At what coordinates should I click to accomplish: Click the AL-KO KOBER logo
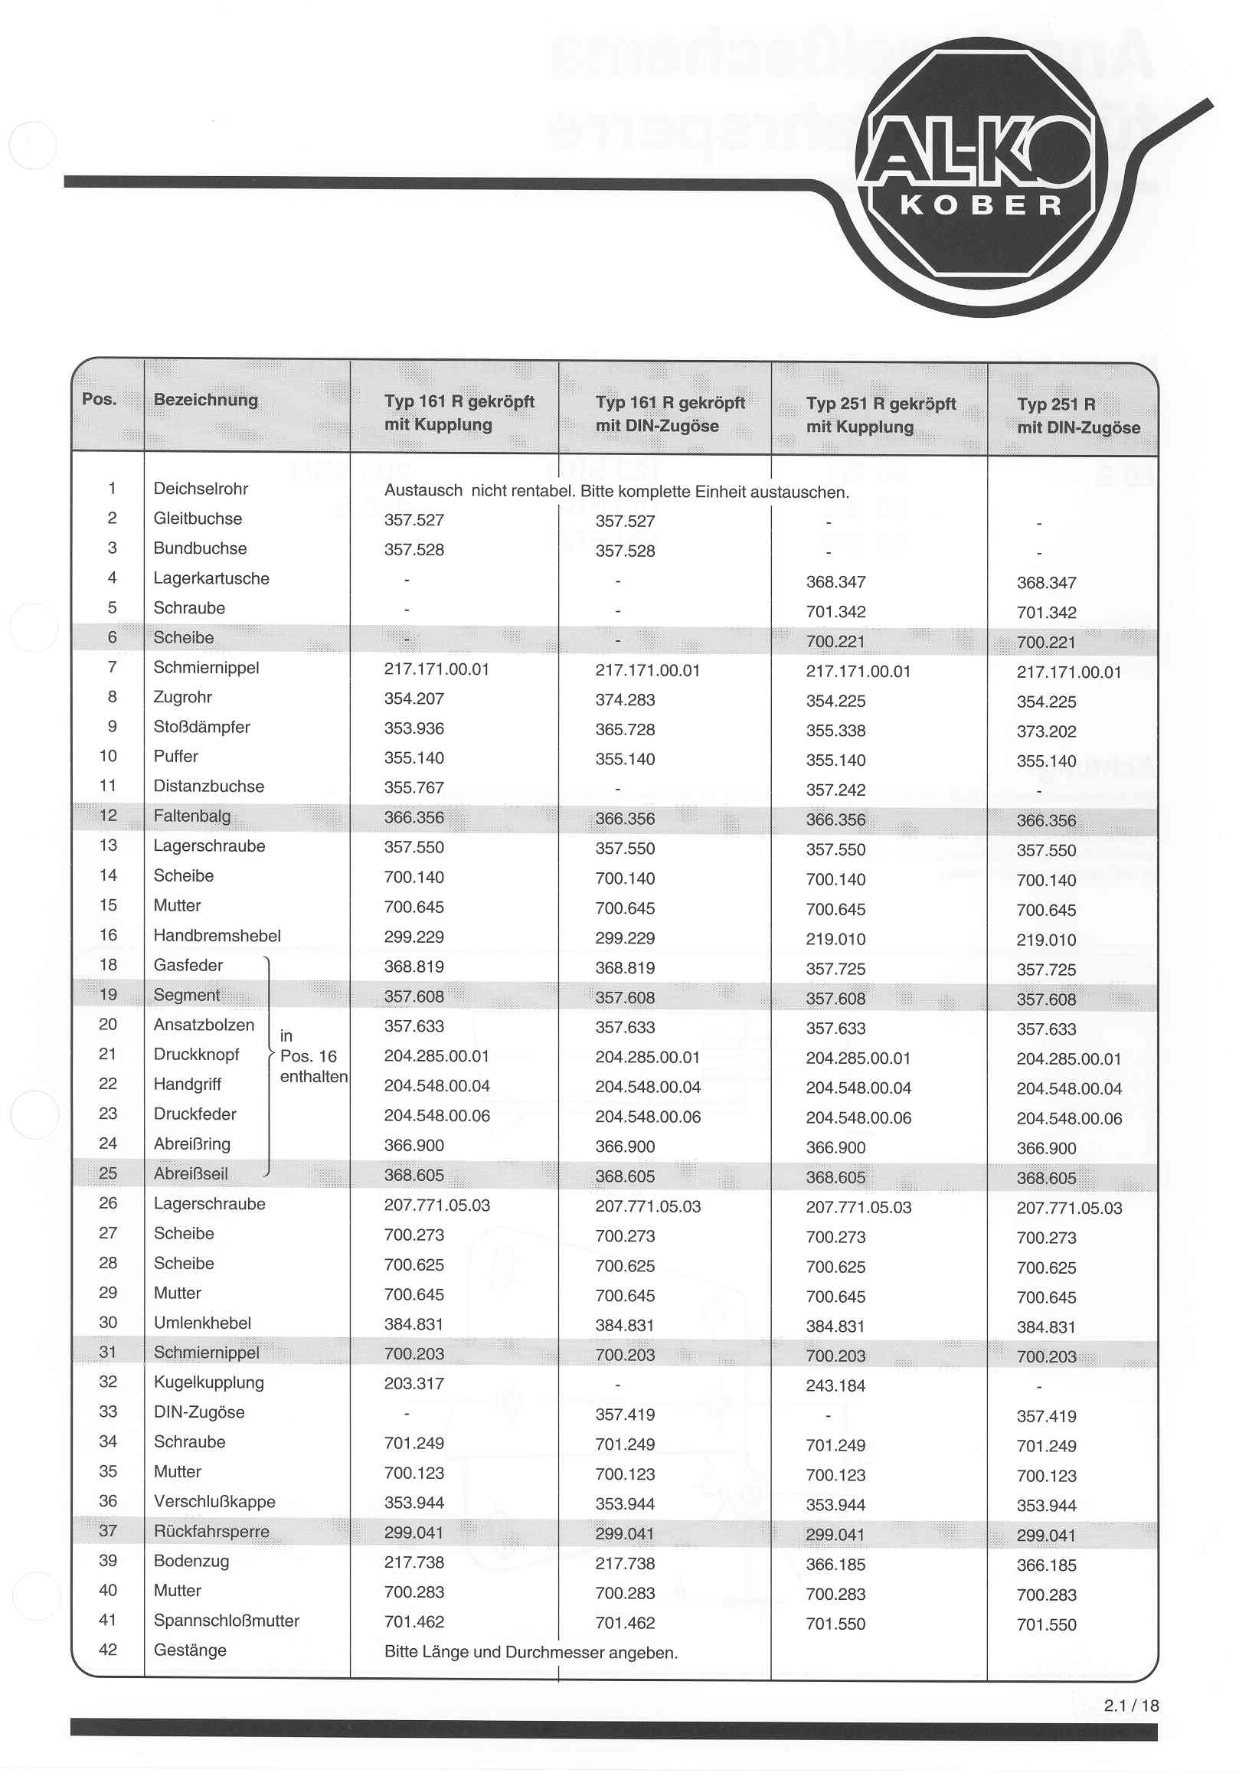[980, 176]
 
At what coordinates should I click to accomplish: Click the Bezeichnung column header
[205, 400]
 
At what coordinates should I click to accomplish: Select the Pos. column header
[99, 399]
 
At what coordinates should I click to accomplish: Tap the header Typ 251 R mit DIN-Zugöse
[1077, 416]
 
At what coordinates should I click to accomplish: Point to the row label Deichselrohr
[201, 489]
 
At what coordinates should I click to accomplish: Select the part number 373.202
[1046, 731]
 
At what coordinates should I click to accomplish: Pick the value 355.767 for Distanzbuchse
[414, 787]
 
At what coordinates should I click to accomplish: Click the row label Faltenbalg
[191, 816]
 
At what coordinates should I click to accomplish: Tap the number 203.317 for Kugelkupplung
[414, 1384]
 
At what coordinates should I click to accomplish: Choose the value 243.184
[835, 1386]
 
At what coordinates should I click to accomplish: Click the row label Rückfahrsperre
[211, 1531]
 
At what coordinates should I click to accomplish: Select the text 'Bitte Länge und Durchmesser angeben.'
[531, 1653]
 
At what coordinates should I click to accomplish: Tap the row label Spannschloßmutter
[226, 1621]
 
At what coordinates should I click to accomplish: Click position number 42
[108, 1650]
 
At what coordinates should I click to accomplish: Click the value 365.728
[625, 730]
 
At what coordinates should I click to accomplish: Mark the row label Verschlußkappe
[214, 1502]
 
